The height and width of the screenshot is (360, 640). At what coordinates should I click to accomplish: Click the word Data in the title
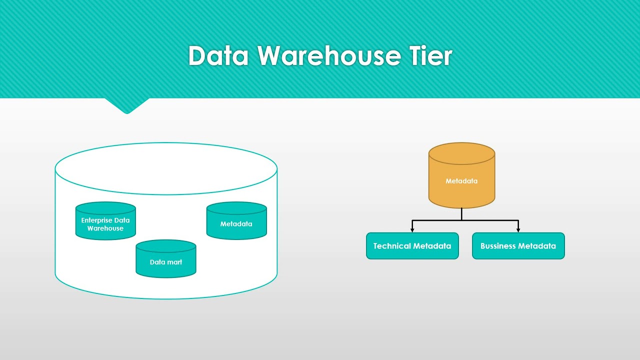(218, 56)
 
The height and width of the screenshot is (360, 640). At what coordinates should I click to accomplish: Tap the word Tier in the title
(431, 56)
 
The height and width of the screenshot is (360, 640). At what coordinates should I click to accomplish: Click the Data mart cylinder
(166, 259)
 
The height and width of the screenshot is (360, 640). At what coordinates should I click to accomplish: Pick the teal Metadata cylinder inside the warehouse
(236, 221)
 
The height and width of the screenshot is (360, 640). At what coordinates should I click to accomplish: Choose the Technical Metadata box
(412, 246)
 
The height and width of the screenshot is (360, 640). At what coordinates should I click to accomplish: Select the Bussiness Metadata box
(518, 246)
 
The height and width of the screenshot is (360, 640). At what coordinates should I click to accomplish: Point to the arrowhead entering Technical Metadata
(412, 229)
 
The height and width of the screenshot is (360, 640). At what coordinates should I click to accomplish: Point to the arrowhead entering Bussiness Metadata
(518, 229)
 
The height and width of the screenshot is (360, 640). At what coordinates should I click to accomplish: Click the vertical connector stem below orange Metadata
(461, 214)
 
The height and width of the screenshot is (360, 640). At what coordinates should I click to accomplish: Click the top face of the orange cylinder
(461, 153)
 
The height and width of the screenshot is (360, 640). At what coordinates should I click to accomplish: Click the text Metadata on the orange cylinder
(461, 181)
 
